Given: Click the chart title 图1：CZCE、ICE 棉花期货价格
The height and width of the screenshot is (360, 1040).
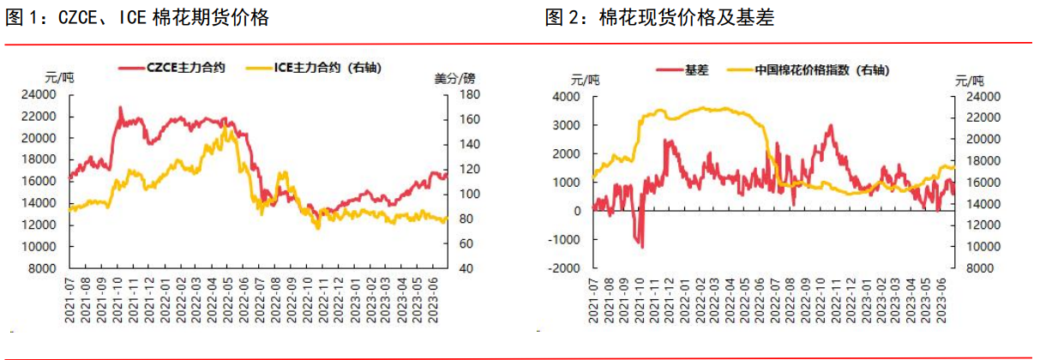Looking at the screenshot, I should click(137, 18).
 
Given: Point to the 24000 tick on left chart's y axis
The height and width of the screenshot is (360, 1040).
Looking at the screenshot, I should click(43, 95).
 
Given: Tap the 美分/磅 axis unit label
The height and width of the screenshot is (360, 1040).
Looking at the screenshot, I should click(454, 78).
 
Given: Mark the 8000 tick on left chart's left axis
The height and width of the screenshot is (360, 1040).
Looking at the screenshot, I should click(46, 268).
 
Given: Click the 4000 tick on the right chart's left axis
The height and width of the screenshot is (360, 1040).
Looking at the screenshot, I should click(567, 97).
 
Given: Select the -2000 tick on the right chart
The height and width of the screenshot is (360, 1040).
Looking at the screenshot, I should click(564, 268).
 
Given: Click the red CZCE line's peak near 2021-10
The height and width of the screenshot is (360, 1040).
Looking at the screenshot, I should click(120, 107).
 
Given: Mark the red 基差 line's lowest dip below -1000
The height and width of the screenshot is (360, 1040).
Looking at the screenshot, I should click(642, 247).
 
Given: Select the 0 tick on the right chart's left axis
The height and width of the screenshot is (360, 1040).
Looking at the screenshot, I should click(576, 211).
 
